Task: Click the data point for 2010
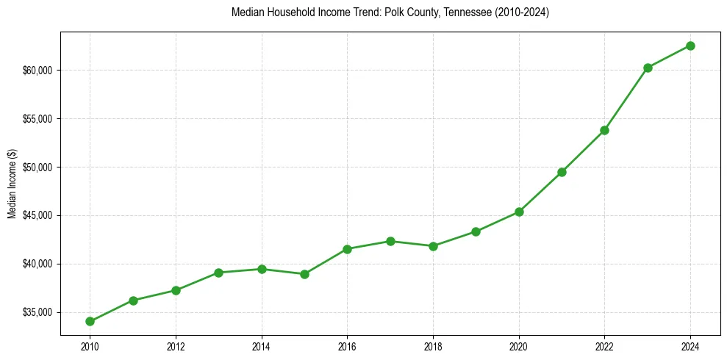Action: tap(90, 321)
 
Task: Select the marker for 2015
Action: tap(304, 274)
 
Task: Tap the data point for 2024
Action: tap(690, 46)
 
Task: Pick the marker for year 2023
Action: tap(648, 68)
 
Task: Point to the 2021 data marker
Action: tap(562, 172)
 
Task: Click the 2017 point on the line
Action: tap(390, 241)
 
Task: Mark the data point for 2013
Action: tap(218, 273)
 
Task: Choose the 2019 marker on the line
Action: tap(476, 231)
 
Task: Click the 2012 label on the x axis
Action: tap(176, 345)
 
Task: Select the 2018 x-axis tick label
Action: tap(433, 345)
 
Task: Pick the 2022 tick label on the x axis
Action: tap(604, 345)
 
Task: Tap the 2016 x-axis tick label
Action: tap(347, 345)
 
